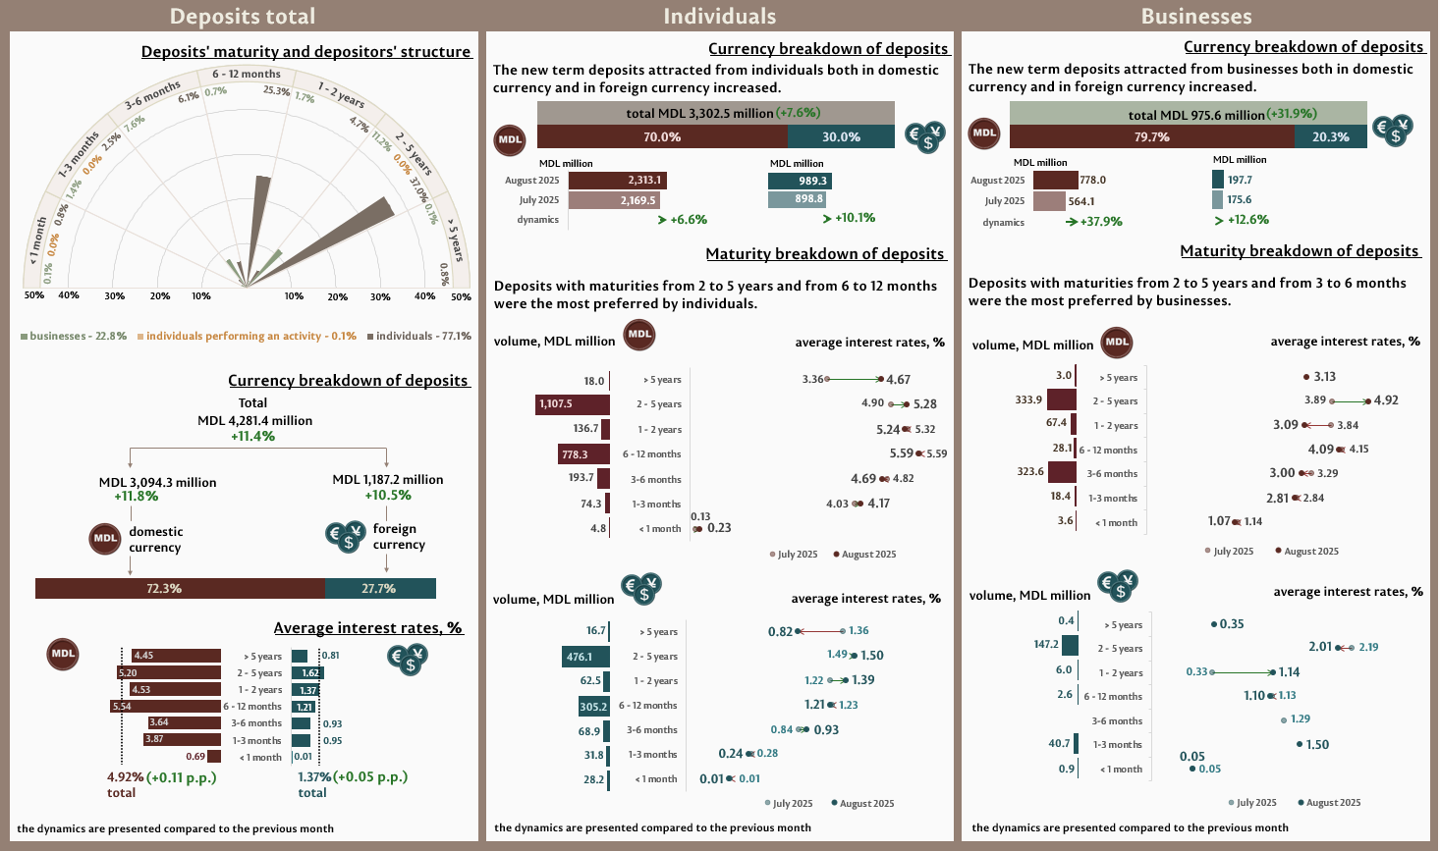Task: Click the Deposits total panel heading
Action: click(x=243, y=17)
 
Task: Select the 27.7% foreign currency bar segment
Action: click(x=380, y=589)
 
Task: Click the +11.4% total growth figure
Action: click(x=253, y=437)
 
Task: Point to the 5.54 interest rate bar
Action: click(x=166, y=707)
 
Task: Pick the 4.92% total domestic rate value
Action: click(x=125, y=777)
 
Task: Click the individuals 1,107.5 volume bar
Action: click(x=573, y=404)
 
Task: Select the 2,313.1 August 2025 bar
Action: click(x=617, y=181)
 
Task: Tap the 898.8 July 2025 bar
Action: click(x=797, y=199)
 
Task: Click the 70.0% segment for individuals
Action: click(x=662, y=137)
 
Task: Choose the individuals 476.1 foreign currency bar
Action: click(x=586, y=657)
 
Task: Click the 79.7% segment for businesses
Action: click(x=1151, y=137)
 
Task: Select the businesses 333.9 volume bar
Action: click(x=1062, y=400)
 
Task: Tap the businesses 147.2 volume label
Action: click(x=1046, y=645)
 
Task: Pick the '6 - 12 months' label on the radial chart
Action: click(x=247, y=75)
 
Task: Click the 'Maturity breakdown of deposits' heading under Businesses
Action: click(x=1300, y=251)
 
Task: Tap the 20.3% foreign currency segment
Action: click(x=1330, y=137)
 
